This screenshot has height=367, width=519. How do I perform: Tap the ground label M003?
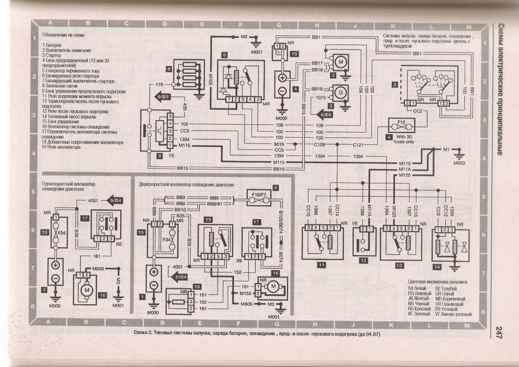coord(459,163)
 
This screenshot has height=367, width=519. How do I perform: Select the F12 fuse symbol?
coord(402,125)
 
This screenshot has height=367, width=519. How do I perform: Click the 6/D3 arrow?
coord(162,97)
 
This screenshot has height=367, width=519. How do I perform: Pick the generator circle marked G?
coord(341,93)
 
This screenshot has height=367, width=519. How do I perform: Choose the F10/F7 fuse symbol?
coord(259,198)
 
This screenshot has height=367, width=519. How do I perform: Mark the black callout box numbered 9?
coord(159,156)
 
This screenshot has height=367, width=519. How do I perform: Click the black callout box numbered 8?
coord(169,69)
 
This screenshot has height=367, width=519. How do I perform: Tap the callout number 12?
coord(363,260)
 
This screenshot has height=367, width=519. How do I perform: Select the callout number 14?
coord(437,267)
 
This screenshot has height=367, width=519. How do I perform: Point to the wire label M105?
coord(210,80)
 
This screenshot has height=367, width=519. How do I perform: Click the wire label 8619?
coord(279,144)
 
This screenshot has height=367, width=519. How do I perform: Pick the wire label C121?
coord(358,145)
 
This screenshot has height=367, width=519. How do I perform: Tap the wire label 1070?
coord(320,97)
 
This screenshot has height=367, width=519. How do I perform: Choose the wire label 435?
coord(185,107)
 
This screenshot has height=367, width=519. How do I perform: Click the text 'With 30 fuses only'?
coord(404,139)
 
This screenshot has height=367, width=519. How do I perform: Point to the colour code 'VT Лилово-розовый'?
coord(453,314)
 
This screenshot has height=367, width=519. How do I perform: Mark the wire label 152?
coord(203,302)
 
